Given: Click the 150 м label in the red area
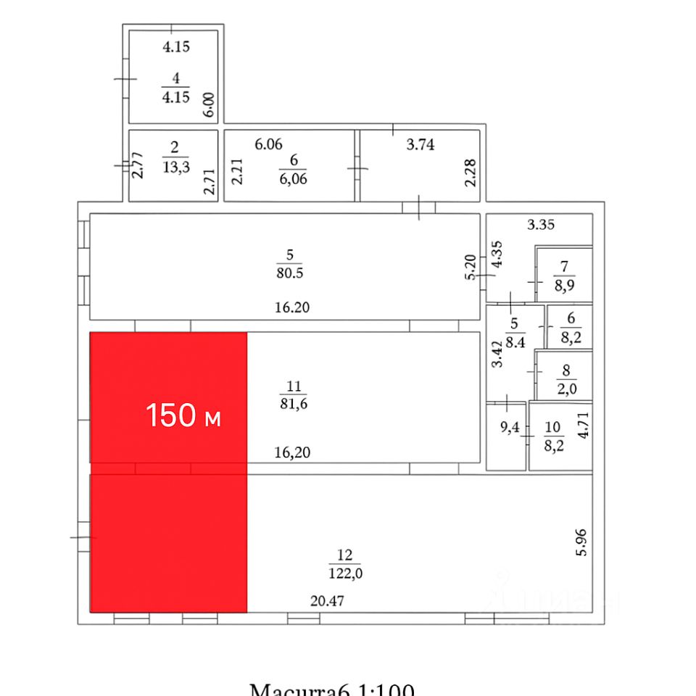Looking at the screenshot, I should click(183, 416).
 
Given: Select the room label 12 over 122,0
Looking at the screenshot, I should click(345, 564).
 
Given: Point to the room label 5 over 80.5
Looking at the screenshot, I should click(289, 264).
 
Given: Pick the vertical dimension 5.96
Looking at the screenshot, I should click(584, 542).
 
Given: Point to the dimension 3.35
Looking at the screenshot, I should click(541, 225).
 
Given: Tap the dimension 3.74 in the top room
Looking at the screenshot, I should click(420, 145).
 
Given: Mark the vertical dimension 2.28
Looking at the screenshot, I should click(471, 171).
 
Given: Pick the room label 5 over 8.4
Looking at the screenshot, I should click(515, 335).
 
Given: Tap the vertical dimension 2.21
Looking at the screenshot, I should click(237, 171).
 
